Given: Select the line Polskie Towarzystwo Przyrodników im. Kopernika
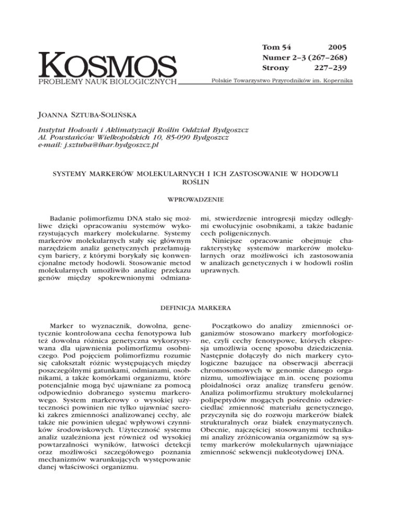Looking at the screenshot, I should [x=281, y=81].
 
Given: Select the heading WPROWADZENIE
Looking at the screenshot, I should [x=201, y=199].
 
